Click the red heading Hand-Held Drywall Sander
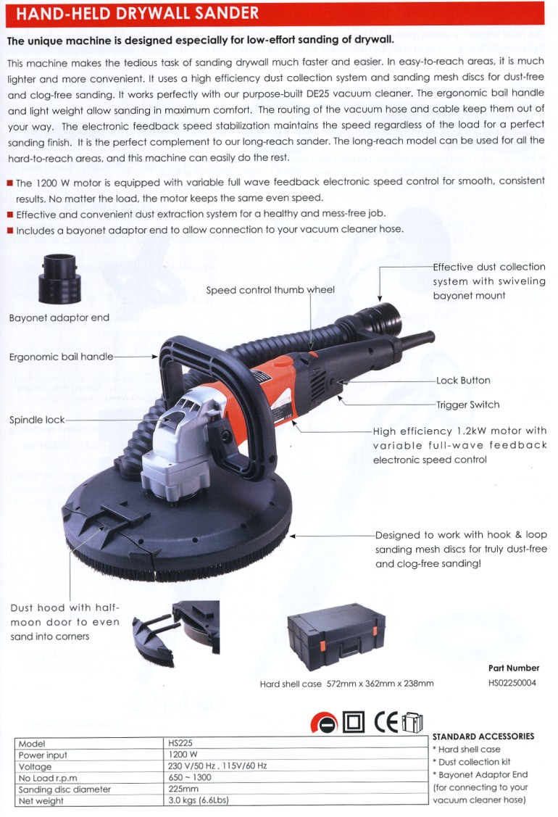(x=137, y=13)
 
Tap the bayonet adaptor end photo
(x=59, y=279)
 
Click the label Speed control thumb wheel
(x=270, y=290)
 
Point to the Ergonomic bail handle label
(x=61, y=357)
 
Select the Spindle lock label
(x=37, y=420)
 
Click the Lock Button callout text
(x=463, y=381)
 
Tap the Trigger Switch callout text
(x=468, y=405)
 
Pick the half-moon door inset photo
(x=176, y=633)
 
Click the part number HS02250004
(x=512, y=683)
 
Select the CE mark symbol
(x=386, y=722)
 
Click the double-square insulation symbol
(x=354, y=722)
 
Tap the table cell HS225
(x=180, y=743)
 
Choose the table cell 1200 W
(x=183, y=755)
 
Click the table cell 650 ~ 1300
(x=190, y=777)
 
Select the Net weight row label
(x=41, y=801)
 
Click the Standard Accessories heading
(x=483, y=737)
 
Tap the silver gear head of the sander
(x=175, y=447)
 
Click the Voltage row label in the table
(x=35, y=767)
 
